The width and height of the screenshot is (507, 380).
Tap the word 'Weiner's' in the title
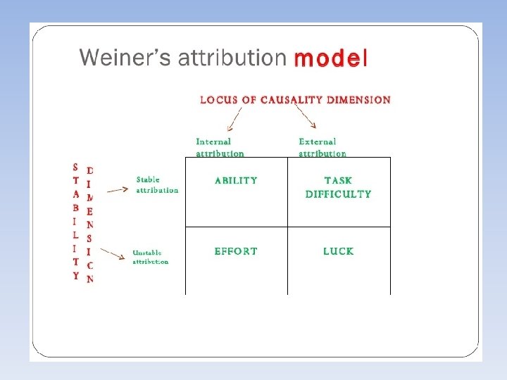125,57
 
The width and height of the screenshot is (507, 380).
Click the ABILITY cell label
236,181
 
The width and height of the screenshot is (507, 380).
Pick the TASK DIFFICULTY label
339,187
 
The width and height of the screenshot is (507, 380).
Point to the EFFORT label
236,251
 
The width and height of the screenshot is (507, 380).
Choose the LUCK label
339,251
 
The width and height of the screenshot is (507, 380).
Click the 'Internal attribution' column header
220,147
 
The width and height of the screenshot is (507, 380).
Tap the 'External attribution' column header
322,147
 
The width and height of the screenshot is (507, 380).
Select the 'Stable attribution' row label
157,184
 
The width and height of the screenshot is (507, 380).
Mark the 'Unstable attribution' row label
151,257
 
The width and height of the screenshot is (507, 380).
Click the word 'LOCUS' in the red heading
218,100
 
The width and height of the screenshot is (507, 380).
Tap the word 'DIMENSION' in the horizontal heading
358,100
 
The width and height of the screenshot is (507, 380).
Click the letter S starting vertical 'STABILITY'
75,167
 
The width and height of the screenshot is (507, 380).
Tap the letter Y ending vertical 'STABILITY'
75,276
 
